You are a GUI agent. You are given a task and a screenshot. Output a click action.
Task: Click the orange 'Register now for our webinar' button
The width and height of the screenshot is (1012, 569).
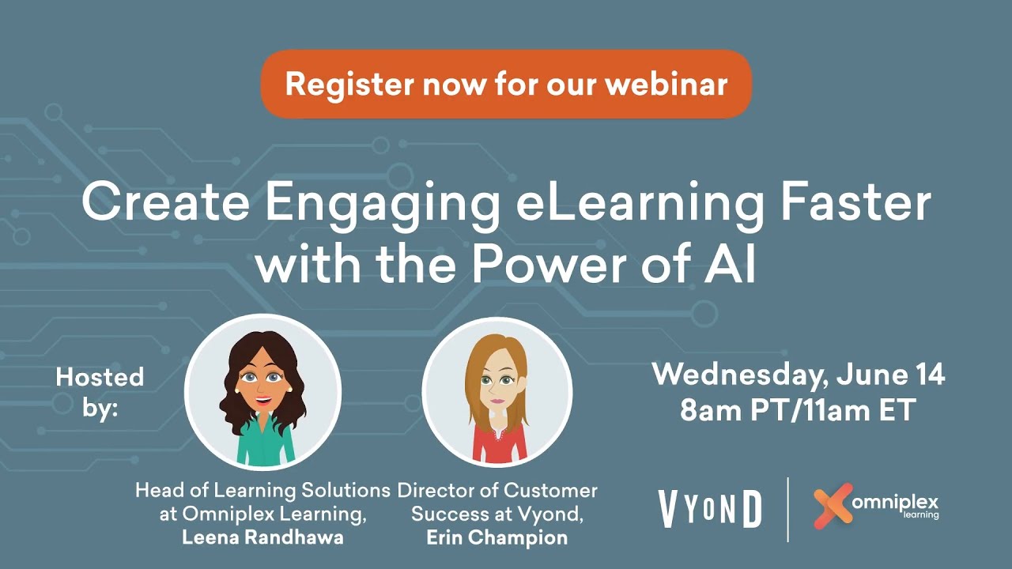(506, 84)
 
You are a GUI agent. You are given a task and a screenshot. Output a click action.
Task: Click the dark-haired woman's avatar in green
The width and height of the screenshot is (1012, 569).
(262, 391)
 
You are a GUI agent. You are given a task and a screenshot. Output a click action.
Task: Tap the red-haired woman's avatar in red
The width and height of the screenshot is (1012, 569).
(497, 392)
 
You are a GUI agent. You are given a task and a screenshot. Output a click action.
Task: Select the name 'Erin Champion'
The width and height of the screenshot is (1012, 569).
(497, 537)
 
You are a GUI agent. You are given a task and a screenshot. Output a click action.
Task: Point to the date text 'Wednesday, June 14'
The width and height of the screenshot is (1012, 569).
(799, 375)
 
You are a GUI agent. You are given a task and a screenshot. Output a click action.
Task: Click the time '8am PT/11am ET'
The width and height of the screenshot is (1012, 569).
(799, 410)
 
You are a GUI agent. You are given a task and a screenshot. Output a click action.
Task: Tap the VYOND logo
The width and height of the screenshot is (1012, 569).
(709, 509)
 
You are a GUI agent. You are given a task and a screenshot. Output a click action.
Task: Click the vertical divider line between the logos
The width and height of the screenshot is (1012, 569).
(788, 509)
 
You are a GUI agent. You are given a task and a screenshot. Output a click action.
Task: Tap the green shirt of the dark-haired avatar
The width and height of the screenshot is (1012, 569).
(265, 447)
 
